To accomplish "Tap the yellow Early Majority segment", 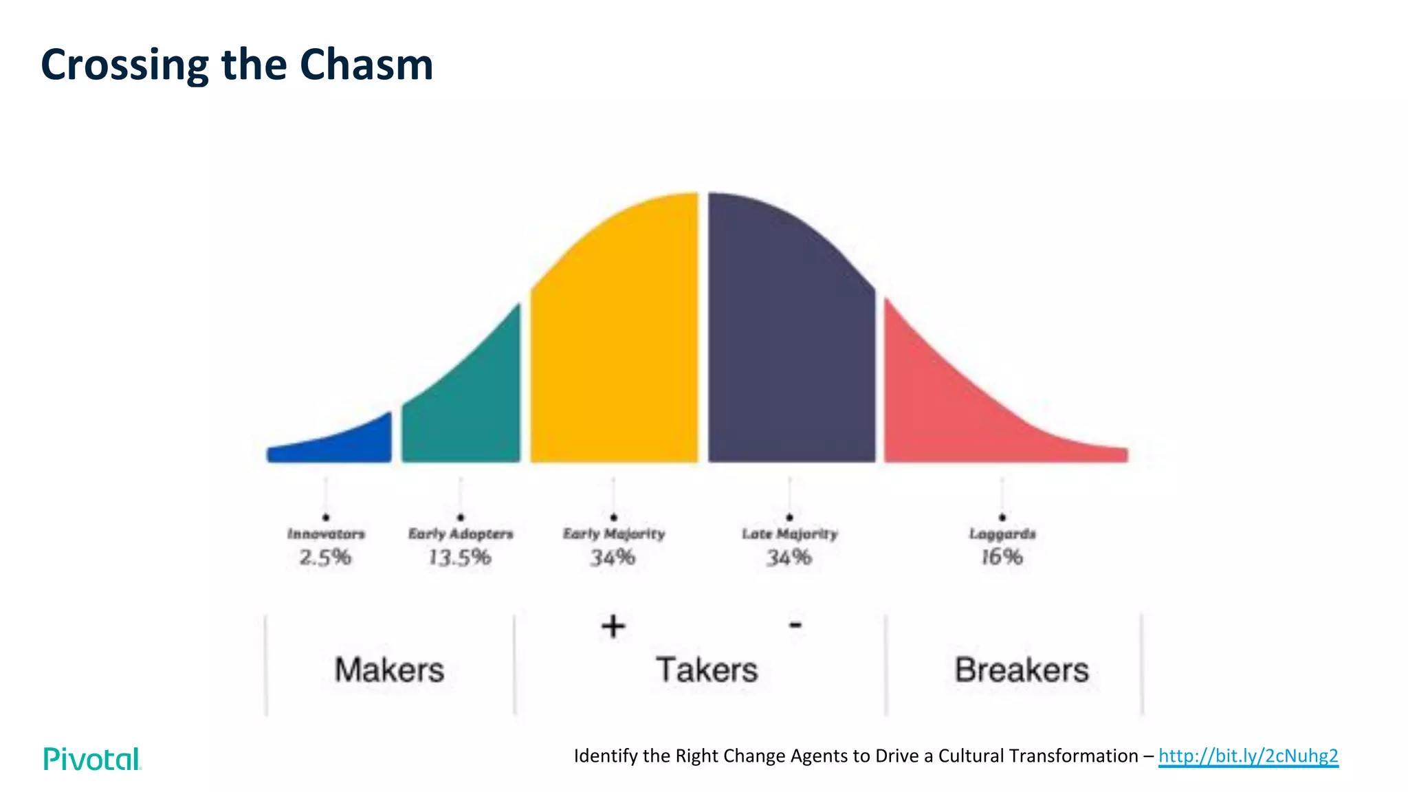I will [614, 344].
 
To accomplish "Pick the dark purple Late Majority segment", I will [791, 344].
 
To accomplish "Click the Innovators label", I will [326, 534].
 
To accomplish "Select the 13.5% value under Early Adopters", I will [460, 557].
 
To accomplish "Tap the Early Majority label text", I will [614, 534].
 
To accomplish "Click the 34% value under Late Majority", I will [789, 557].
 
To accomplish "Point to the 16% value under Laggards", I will [1002, 557].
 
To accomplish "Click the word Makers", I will [389, 670].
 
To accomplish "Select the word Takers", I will [707, 670].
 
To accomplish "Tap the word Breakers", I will [1022, 670].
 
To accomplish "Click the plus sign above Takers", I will [613, 626].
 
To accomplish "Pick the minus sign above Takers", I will [795, 625].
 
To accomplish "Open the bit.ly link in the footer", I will [1248, 756].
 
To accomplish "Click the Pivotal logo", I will [92, 759].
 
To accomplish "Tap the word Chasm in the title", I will [366, 65].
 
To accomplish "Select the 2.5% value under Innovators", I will [325, 557].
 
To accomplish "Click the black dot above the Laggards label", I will [1002, 517].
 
